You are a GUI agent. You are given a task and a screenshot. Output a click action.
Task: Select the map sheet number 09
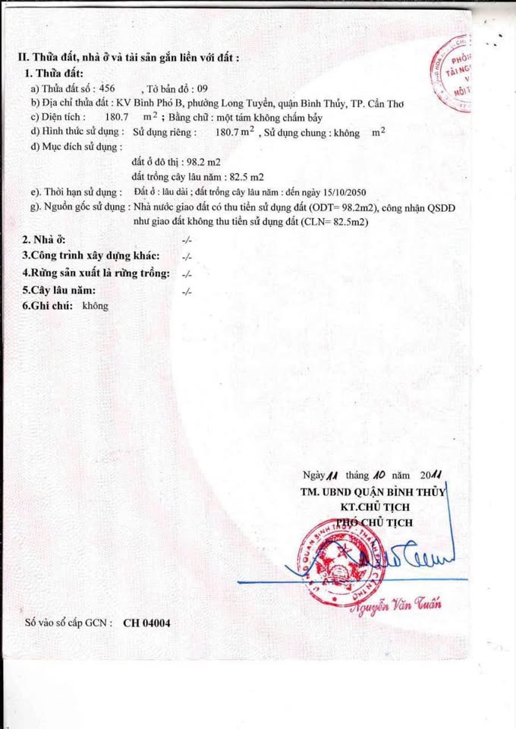[x=201, y=89]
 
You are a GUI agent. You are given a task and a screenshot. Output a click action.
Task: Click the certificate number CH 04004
[x=146, y=623]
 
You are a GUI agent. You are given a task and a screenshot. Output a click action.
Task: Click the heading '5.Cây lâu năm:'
[x=58, y=290]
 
